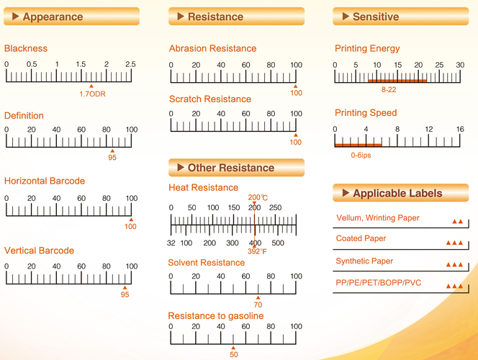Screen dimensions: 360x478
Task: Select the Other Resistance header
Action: (x=230, y=168)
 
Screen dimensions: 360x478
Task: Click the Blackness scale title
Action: (x=26, y=49)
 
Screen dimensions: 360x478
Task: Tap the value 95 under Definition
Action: (x=112, y=158)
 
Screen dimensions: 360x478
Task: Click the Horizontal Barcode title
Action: (x=45, y=181)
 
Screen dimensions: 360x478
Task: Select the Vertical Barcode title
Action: (x=39, y=251)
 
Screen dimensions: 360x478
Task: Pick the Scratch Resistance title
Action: (x=209, y=99)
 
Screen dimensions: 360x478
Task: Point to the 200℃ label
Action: (x=258, y=197)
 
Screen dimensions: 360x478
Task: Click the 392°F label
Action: (x=258, y=252)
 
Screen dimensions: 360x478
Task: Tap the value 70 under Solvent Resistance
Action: (x=258, y=305)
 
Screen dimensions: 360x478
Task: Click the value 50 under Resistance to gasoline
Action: (x=233, y=354)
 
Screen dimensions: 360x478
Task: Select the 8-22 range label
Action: (x=388, y=90)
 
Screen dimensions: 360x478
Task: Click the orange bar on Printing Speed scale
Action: (x=358, y=145)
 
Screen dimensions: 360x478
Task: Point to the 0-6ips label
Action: (x=361, y=155)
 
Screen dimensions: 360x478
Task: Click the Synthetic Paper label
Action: (x=364, y=261)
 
